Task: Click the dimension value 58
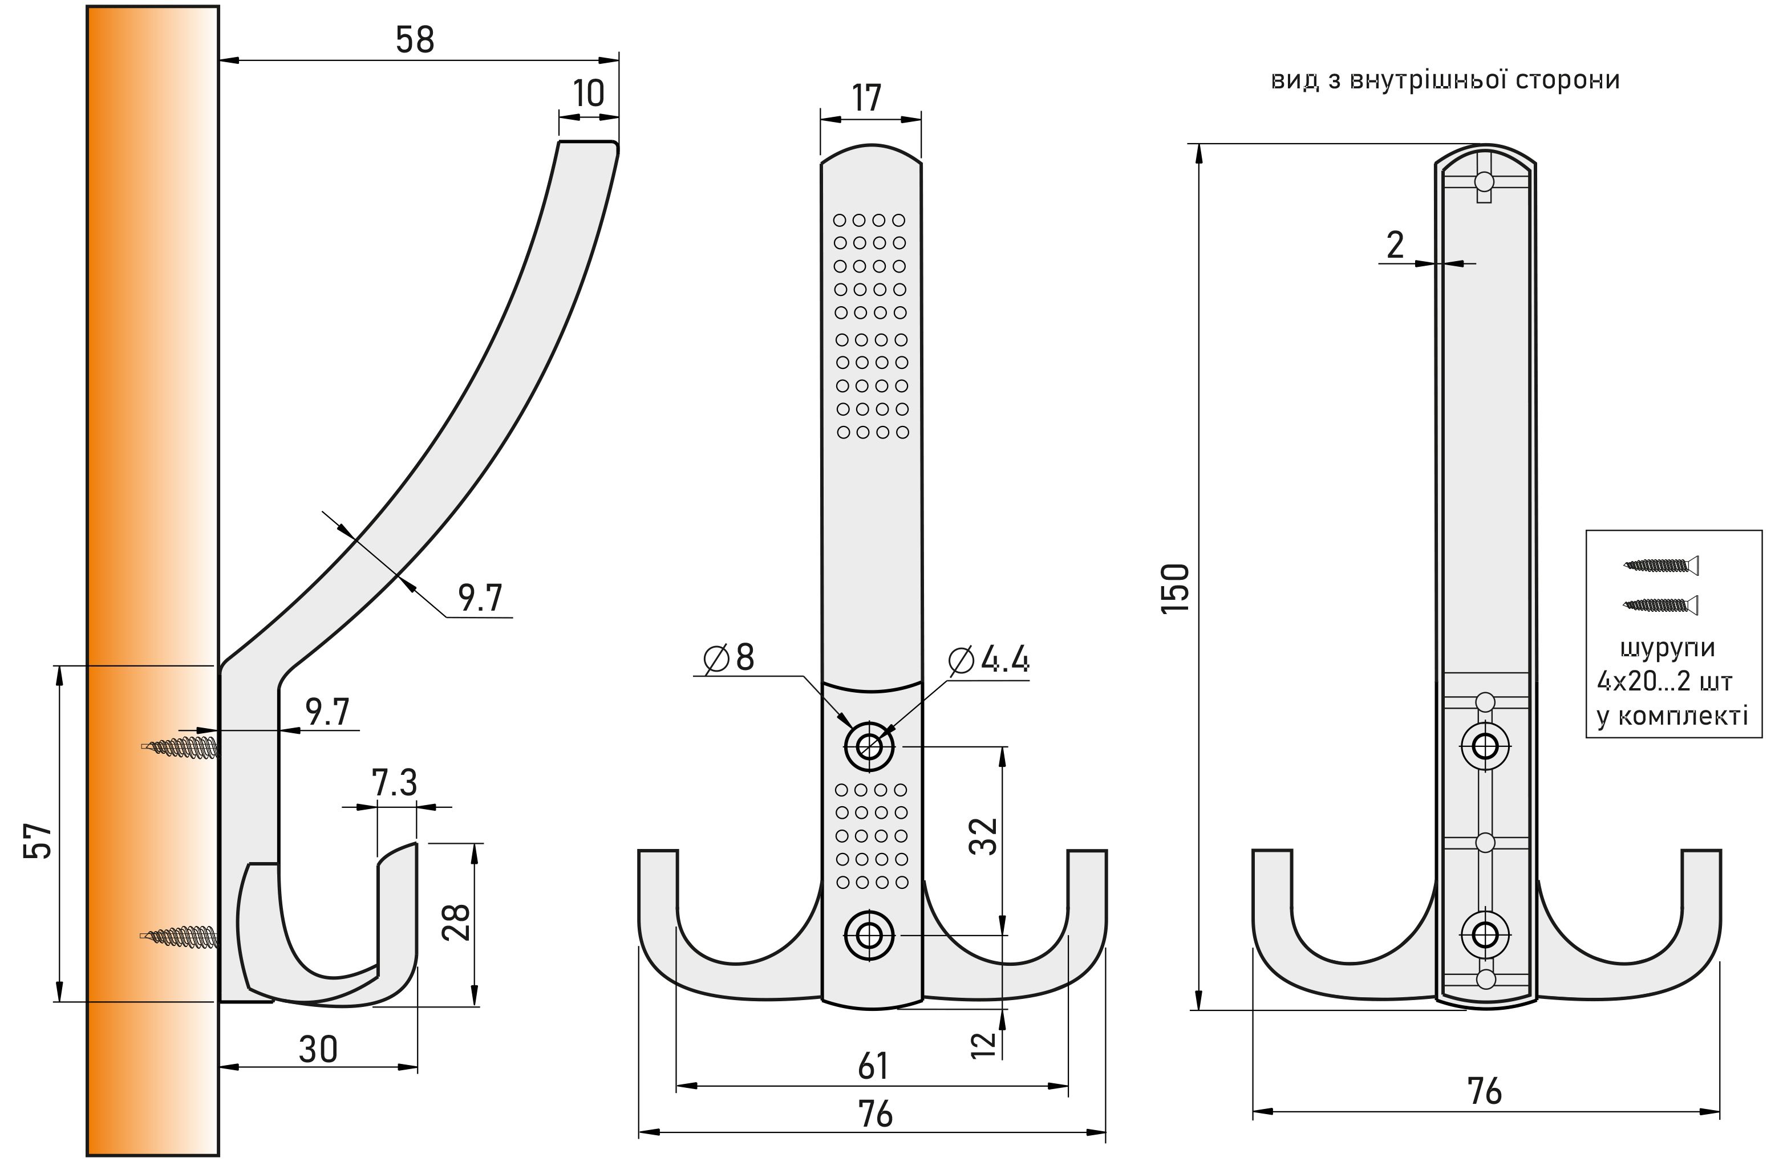[414, 40]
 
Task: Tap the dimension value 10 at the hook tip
[588, 94]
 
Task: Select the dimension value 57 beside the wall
[38, 840]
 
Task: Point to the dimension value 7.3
[394, 783]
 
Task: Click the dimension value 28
[456, 923]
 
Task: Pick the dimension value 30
[318, 1050]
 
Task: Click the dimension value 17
[867, 98]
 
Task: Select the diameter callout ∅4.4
[989, 660]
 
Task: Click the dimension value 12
[984, 1045]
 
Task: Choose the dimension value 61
[873, 1066]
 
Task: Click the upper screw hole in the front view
[869, 746]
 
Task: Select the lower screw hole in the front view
[869, 935]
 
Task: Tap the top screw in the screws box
[1660, 564]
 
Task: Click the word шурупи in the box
[1667, 648]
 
